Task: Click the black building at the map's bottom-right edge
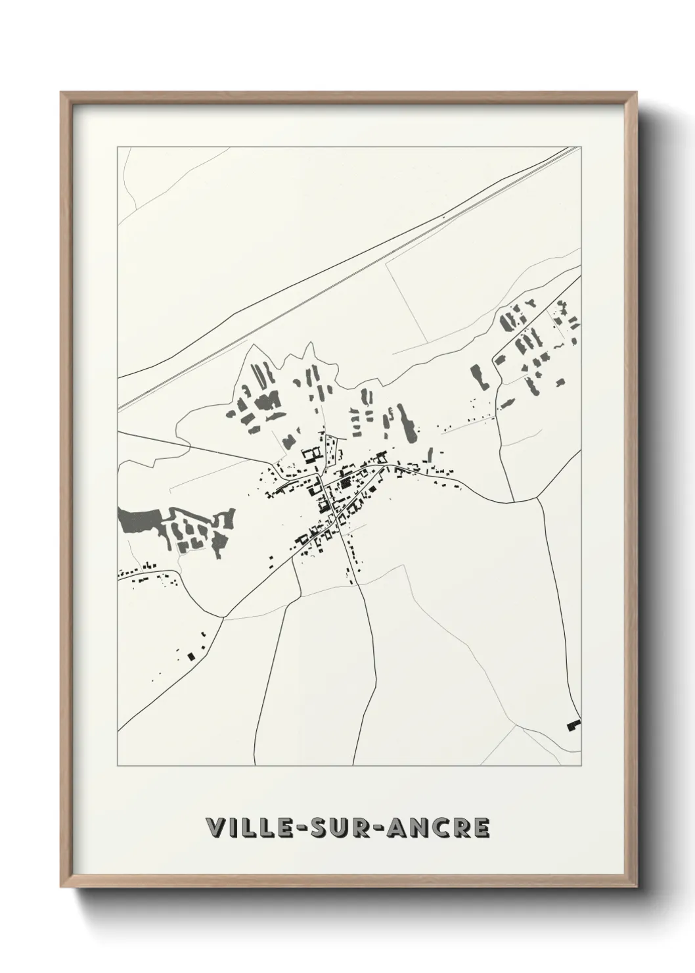573,724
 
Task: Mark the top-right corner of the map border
581,147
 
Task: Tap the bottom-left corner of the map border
118,766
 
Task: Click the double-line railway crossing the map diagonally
348,276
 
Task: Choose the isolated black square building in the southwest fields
192,655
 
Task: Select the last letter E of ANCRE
482,829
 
